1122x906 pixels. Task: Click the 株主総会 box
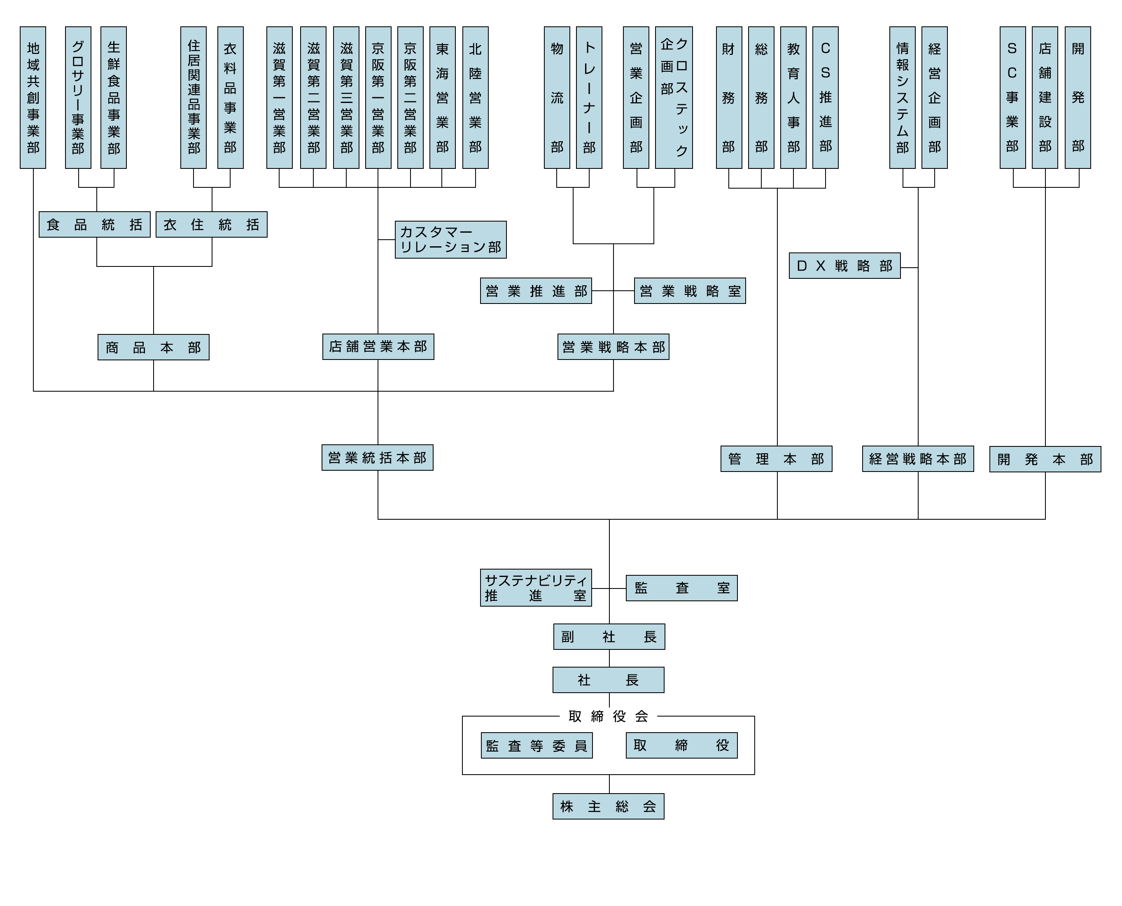tap(608, 806)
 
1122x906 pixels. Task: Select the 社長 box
tap(608, 680)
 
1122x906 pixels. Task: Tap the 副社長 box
tap(609, 637)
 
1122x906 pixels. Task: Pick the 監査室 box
tap(681, 588)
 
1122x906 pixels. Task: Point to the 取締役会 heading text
tap(608, 716)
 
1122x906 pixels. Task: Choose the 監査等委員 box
tap(537, 745)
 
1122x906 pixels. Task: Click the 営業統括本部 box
tap(377, 458)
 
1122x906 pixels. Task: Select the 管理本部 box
tap(776, 459)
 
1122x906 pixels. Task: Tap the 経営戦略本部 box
tap(917, 459)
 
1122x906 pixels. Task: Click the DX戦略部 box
tap(844, 266)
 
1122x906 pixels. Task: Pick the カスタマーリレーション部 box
tap(450, 240)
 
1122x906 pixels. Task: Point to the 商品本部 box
tap(154, 347)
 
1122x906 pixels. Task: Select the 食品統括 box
tap(94, 224)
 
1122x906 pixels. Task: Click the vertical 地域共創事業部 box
tap(33, 98)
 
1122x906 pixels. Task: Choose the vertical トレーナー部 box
tap(589, 98)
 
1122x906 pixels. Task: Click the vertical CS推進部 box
tap(825, 98)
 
